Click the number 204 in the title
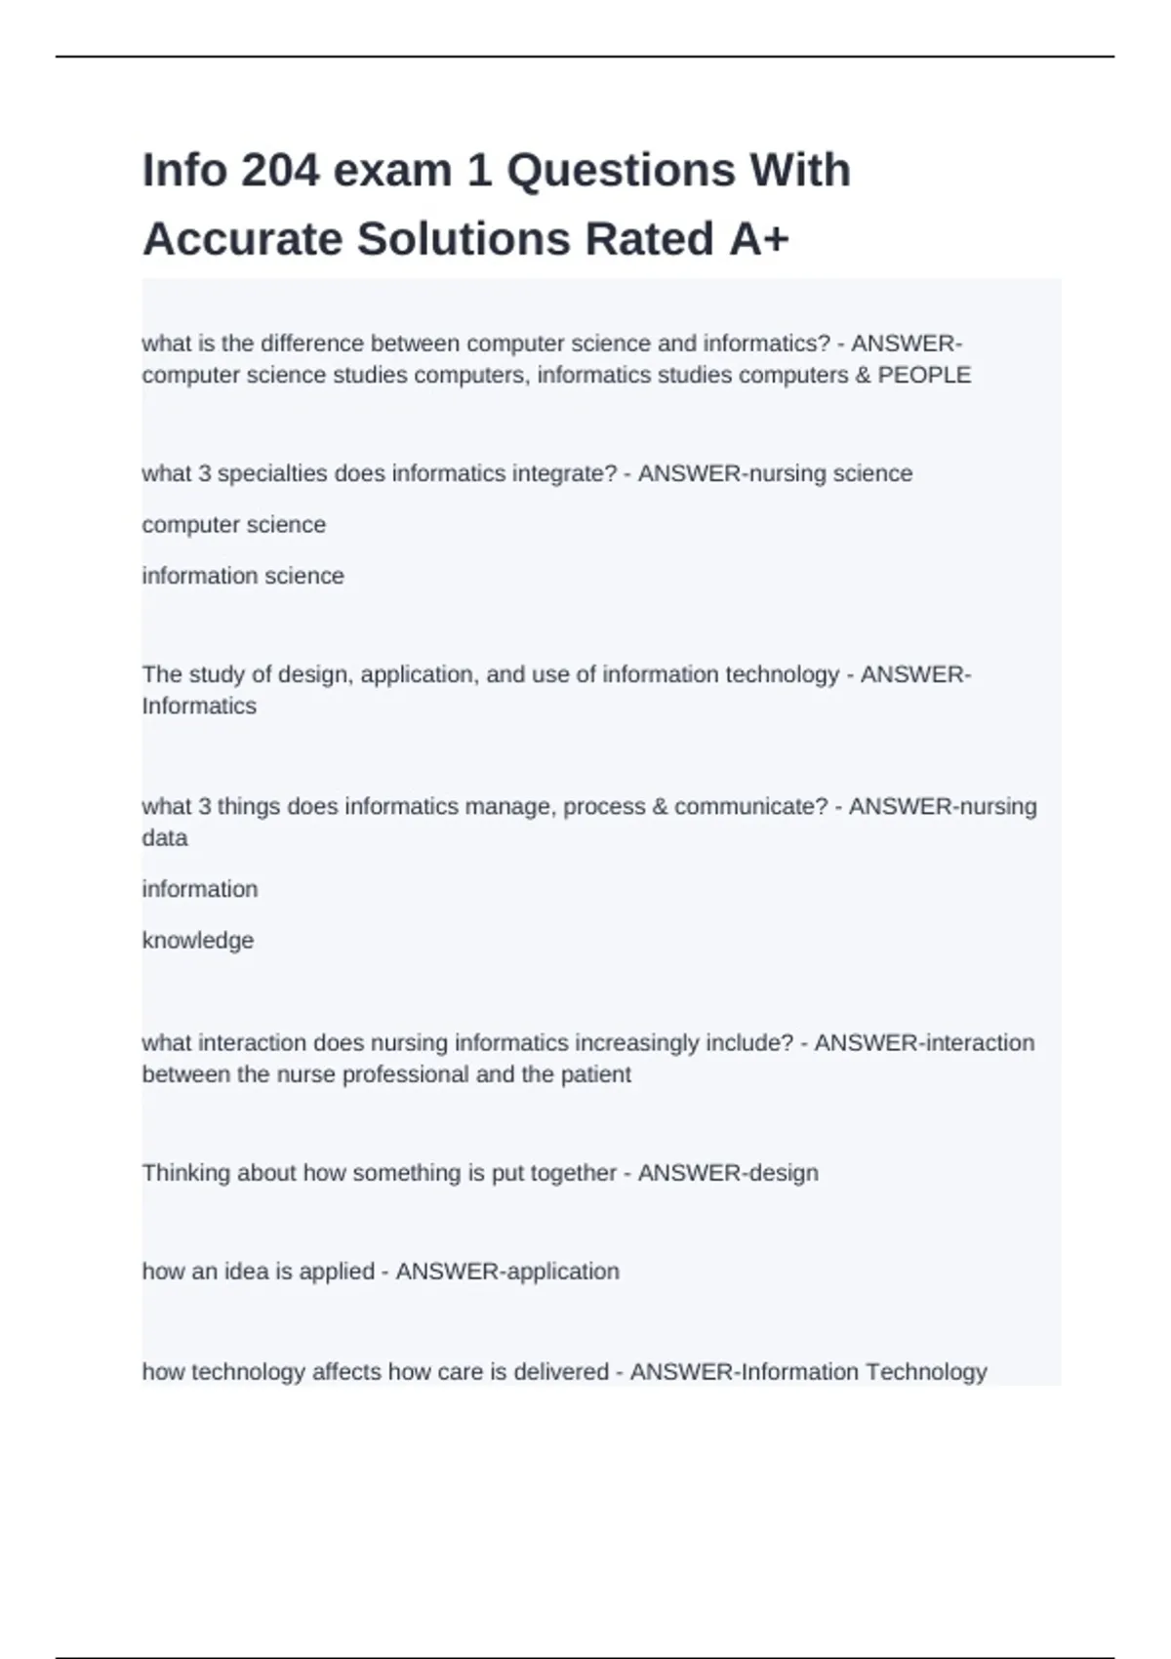tap(280, 171)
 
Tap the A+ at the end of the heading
tap(758, 240)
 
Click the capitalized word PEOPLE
tap(924, 376)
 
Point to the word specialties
tap(272, 474)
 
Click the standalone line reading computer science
tap(234, 525)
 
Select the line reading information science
tap(243, 577)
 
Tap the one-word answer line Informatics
tap(199, 707)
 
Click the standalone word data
tap(165, 838)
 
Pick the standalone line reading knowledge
tap(198, 941)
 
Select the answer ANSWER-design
tap(728, 1173)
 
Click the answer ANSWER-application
tap(507, 1272)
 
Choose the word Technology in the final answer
tap(926, 1372)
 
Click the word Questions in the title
tap(622, 171)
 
